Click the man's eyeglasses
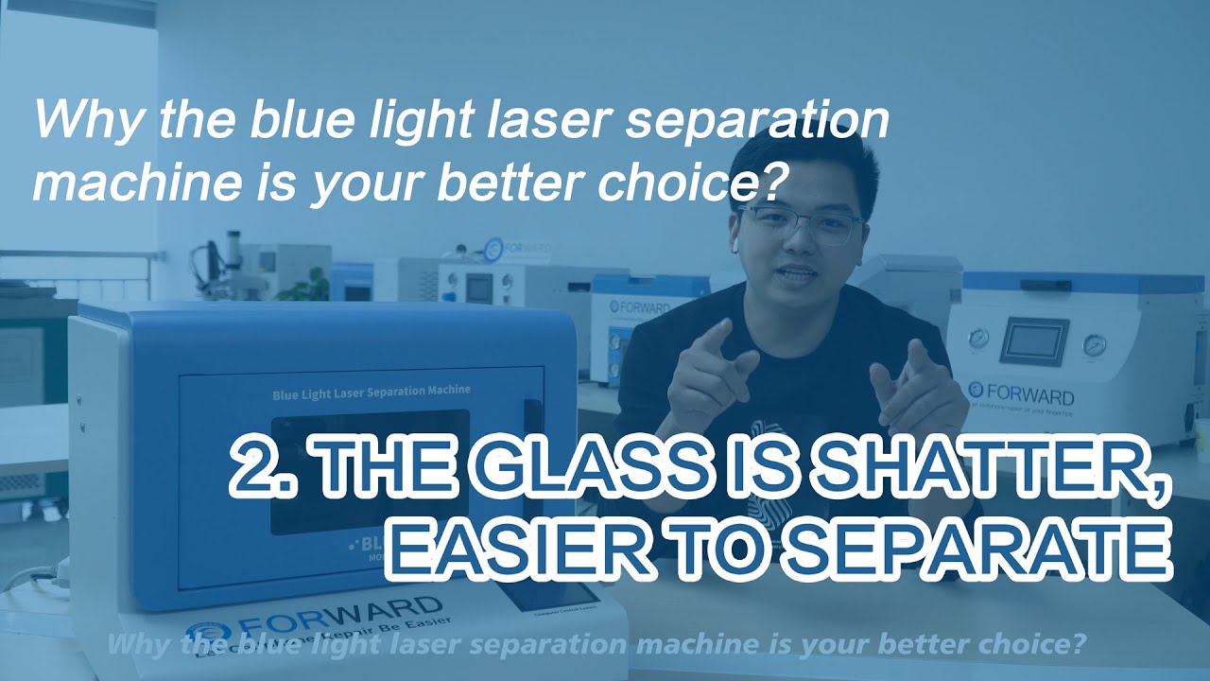tap(800, 224)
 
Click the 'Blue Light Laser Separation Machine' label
tap(371, 390)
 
